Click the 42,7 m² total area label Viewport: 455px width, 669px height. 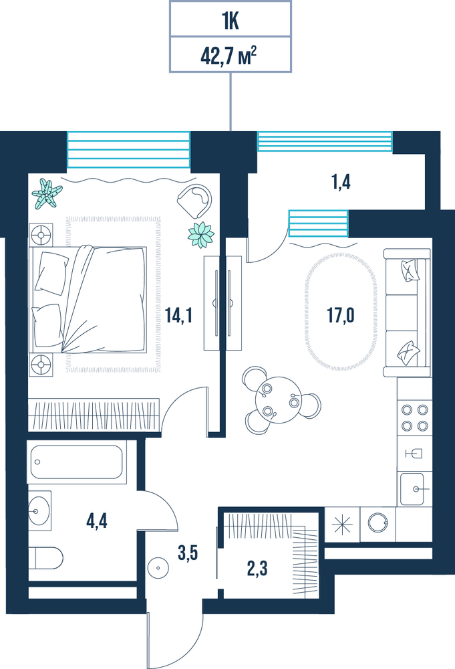coord(229,56)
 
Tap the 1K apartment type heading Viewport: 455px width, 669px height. coord(230,22)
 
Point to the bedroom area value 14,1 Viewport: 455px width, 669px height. coord(178,316)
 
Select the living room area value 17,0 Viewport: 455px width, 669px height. coord(340,316)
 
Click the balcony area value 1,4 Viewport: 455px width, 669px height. coord(341,182)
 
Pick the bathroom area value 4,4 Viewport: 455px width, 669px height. coord(97,521)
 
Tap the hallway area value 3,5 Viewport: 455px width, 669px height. coord(188,553)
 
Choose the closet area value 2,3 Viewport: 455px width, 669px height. coord(257,569)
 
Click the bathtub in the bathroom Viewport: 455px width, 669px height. coord(77,462)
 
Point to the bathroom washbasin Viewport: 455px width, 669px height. coord(39,510)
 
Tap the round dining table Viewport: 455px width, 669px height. coord(279,400)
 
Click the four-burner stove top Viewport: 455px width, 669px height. coord(414,417)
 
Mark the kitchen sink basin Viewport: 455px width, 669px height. coord(412,489)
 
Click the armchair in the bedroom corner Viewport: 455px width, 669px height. coord(195,201)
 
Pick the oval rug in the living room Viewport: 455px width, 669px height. coord(341,312)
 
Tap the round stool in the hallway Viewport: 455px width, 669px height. coord(158,568)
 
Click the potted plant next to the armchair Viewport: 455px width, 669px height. coord(201,235)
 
